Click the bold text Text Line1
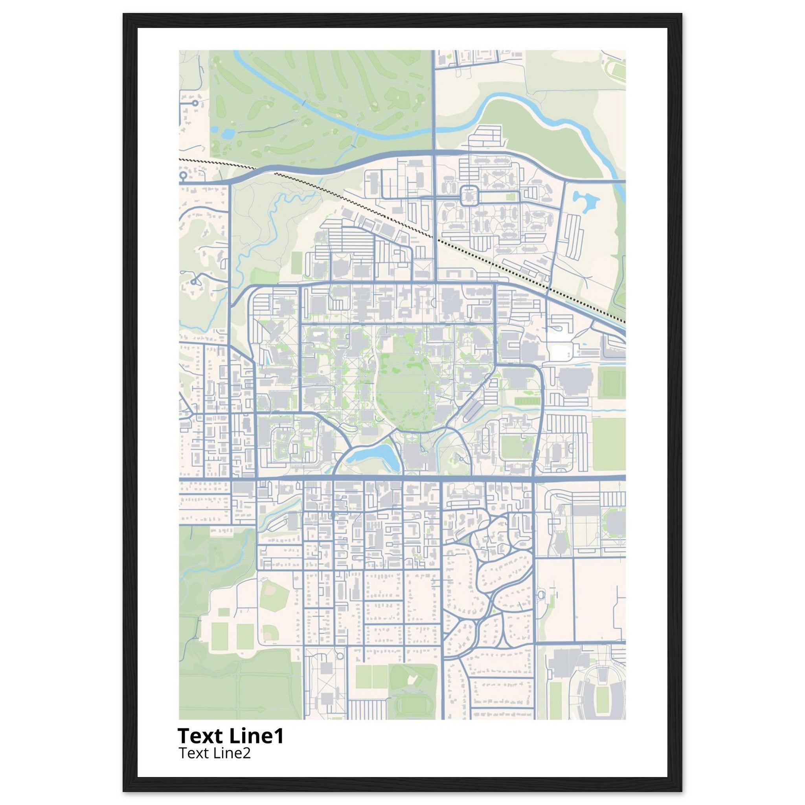230,736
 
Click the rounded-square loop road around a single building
470,196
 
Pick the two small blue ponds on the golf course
227,134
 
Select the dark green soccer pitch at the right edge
613,383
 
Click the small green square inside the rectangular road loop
509,196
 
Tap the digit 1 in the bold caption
279,736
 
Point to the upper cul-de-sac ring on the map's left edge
195,102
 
